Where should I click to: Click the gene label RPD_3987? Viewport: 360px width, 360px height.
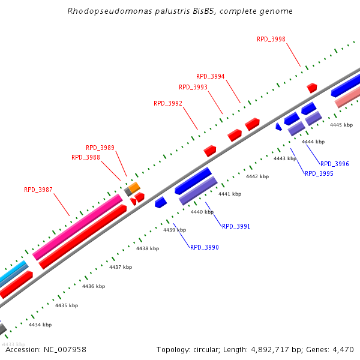pyautogui.click(x=38, y=190)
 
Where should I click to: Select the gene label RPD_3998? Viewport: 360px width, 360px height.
pyautogui.click(x=271, y=39)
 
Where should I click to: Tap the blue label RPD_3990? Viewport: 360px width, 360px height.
pyautogui.click(x=205, y=247)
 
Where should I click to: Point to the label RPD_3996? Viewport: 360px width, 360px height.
pyautogui.click(x=335, y=164)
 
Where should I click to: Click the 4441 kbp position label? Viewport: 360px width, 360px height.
pyautogui.click(x=230, y=194)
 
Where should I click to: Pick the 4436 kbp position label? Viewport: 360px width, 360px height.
pyautogui.click(x=94, y=286)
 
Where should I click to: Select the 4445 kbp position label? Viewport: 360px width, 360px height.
pyautogui.click(x=341, y=125)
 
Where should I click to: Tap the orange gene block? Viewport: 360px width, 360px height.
pyautogui.click(x=135, y=187)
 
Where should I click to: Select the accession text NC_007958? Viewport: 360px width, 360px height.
pyautogui.click(x=64, y=349)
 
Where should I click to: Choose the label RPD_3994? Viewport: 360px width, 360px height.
pyautogui.click(x=211, y=76)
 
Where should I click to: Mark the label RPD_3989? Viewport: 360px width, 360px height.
pyautogui.click(x=100, y=148)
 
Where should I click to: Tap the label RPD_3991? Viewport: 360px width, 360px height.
pyautogui.click(x=236, y=226)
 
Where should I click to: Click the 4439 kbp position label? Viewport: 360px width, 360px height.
pyautogui.click(x=175, y=230)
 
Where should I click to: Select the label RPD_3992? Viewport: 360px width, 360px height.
pyautogui.click(x=168, y=103)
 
